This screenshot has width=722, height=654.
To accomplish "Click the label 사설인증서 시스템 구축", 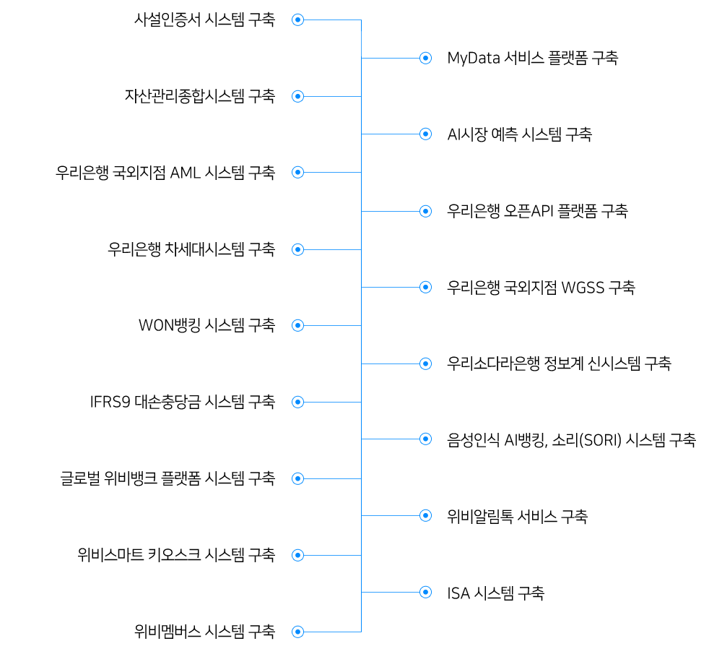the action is [x=204, y=20].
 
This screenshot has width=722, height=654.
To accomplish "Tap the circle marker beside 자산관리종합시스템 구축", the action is [x=298, y=96].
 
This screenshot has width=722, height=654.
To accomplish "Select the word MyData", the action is [x=474, y=59].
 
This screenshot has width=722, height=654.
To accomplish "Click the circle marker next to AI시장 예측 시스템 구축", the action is [x=425, y=134].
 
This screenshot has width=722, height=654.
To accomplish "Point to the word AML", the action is [x=186, y=173].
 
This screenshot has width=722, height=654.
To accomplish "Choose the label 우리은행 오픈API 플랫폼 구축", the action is [x=537, y=211].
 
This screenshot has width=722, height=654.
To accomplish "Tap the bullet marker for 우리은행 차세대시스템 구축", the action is [x=298, y=249].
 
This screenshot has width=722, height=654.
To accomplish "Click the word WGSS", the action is [x=583, y=288].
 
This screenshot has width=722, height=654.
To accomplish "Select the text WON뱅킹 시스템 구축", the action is [x=206, y=325].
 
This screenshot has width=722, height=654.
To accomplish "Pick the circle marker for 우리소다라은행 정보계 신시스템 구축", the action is [x=425, y=363].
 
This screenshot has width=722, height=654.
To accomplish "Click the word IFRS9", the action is [x=110, y=402].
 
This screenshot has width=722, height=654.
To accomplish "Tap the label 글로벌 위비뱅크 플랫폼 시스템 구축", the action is [x=168, y=478].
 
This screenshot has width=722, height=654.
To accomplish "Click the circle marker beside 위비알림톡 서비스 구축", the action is [x=425, y=515].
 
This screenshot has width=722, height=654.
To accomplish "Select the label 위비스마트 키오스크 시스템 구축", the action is [x=176, y=555].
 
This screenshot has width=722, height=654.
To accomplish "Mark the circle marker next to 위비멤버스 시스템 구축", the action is [x=298, y=632].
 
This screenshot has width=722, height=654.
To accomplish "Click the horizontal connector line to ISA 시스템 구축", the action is [x=391, y=592].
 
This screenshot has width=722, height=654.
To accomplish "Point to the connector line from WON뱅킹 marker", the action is [x=332, y=325].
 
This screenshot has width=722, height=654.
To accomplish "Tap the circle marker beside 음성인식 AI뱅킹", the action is [x=425, y=439].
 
